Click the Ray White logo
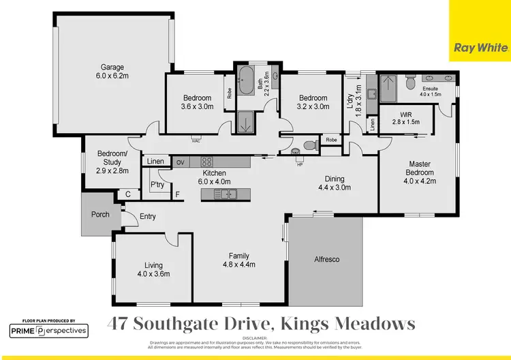[x=480, y=48]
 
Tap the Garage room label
[x=112, y=67]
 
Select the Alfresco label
[x=326, y=260]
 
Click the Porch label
[x=100, y=215]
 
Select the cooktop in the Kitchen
[x=207, y=162]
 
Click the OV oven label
[x=180, y=162]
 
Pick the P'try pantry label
[x=157, y=185]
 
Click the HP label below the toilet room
[x=300, y=164]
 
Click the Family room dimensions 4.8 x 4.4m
[x=243, y=264]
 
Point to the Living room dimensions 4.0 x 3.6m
[x=153, y=273]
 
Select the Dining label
[x=334, y=179]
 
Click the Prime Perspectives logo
[x=48, y=331]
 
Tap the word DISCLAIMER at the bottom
[x=255, y=337]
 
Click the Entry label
[x=147, y=217]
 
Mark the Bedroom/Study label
[x=112, y=157]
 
